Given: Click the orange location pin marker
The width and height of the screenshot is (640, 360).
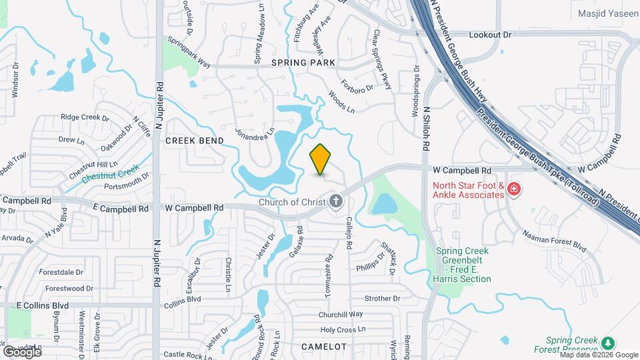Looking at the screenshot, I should pos(320,160).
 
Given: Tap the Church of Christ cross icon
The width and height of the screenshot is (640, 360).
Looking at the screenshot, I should pos(336,201).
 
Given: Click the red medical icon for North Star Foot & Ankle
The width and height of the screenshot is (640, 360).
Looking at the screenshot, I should pos(513,190).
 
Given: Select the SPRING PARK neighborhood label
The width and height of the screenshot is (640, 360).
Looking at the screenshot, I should pos(303,62).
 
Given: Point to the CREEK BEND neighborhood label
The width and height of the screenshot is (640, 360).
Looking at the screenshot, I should pos(194,141).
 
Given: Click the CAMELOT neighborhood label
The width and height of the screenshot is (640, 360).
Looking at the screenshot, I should pos(324,347).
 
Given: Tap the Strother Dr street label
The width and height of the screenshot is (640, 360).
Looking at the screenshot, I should pos(382,298).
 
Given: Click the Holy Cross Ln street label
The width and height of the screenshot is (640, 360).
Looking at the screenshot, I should pos(343,329).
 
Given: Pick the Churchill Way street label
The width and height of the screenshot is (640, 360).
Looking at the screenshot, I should pos(340,314).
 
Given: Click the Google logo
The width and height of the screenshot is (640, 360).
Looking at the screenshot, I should pos(22,351).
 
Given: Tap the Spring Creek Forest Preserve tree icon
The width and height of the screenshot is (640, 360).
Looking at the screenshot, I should pos(607,342).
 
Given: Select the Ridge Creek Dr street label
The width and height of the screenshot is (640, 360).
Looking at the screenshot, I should pos(85,117).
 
